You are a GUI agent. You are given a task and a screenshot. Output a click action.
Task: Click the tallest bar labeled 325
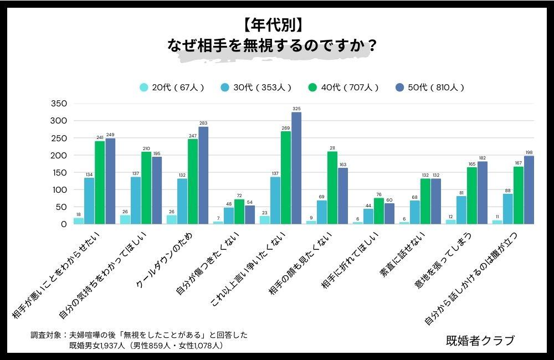[296, 168]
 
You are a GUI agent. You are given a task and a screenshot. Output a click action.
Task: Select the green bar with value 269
[286, 178]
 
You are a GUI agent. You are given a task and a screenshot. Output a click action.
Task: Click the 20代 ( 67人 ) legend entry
[172, 88]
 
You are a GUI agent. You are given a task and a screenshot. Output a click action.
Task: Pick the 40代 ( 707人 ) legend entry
[343, 88]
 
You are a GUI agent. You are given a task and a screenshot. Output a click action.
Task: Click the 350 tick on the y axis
[58, 104]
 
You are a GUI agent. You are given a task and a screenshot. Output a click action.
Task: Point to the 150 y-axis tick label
[58, 173]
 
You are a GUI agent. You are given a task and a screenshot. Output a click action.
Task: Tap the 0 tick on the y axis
[63, 224]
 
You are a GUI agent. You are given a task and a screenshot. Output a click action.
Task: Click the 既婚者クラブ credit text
[480, 340]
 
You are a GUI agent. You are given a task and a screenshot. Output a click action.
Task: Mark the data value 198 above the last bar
[529, 152]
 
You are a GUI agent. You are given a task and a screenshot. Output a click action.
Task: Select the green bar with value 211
[332, 188]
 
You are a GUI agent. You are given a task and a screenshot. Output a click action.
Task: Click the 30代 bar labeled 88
[508, 209]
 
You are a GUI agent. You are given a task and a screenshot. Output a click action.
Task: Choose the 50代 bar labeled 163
[343, 196]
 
